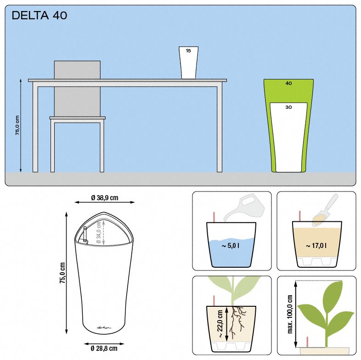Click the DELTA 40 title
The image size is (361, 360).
[39, 16]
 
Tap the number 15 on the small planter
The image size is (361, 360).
[188, 51]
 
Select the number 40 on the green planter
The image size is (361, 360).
[288, 83]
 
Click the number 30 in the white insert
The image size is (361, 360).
[288, 107]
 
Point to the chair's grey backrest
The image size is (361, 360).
[77, 88]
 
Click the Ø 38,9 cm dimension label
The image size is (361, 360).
[105, 198]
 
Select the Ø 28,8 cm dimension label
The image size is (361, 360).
[104, 348]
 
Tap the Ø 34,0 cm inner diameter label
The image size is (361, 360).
[99, 232]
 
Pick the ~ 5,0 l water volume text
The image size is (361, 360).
[231, 246]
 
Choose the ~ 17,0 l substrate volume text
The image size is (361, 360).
[316, 246]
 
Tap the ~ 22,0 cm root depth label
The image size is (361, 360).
[220, 324]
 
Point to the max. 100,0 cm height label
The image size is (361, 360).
[290, 314]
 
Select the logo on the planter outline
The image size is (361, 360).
[104, 327]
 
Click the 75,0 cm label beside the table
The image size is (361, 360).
[17, 125]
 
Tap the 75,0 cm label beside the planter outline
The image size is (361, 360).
[62, 273]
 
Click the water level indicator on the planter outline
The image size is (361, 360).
[85, 234]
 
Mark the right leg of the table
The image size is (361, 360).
[220, 129]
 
